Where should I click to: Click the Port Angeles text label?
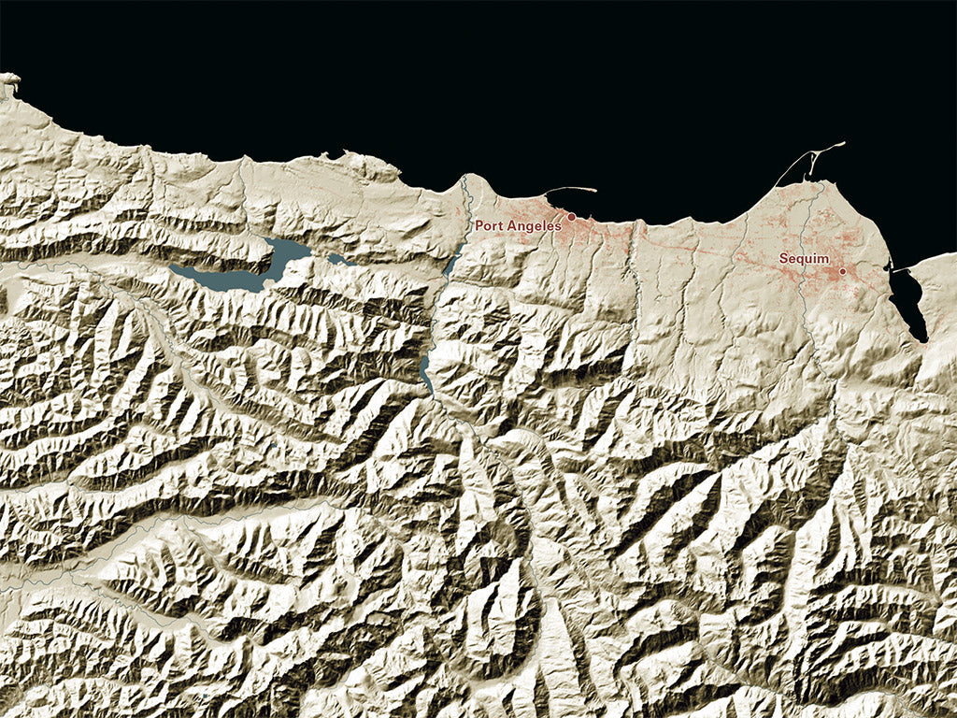click(518, 225)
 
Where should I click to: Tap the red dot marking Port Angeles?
click(572, 216)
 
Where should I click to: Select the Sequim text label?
click(805, 258)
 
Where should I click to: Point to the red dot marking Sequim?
click(842, 271)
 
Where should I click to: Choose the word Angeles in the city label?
click(536, 226)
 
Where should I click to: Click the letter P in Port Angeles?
click(479, 225)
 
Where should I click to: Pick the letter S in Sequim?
click(784, 258)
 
